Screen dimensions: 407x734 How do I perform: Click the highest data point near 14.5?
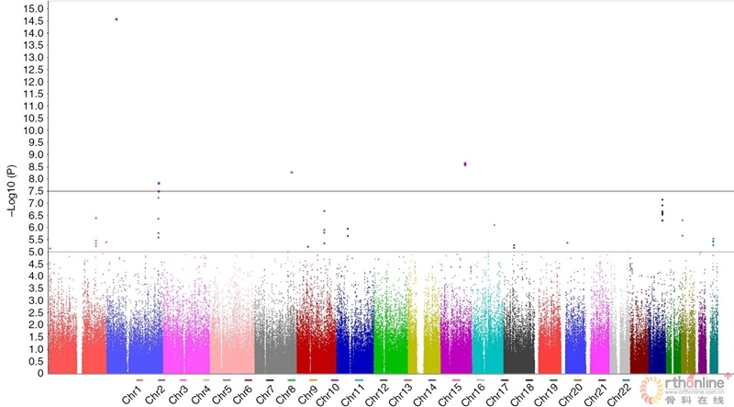[x=117, y=19]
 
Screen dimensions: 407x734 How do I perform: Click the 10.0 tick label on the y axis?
[x=35, y=130]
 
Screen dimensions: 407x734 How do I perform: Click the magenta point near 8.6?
[x=465, y=164]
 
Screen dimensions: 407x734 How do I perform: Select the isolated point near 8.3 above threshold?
[x=291, y=173]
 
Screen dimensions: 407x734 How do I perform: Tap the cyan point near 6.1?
[x=495, y=225]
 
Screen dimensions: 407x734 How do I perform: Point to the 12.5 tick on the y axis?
[x=35, y=70]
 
